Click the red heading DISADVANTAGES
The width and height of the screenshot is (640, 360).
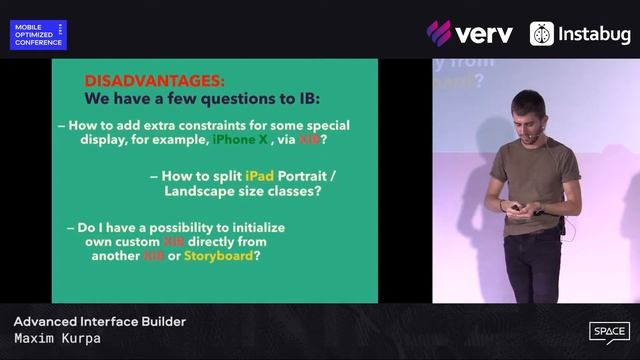click(154, 79)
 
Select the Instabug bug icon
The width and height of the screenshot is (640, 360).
click(542, 34)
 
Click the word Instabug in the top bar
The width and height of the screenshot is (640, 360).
click(596, 34)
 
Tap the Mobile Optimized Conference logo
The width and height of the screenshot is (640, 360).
click(38, 35)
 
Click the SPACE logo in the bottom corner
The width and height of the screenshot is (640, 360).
click(608, 332)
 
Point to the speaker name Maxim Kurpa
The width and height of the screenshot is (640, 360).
click(57, 339)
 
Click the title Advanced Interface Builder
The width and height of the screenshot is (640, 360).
click(99, 322)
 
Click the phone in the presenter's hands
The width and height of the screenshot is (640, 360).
click(518, 208)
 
